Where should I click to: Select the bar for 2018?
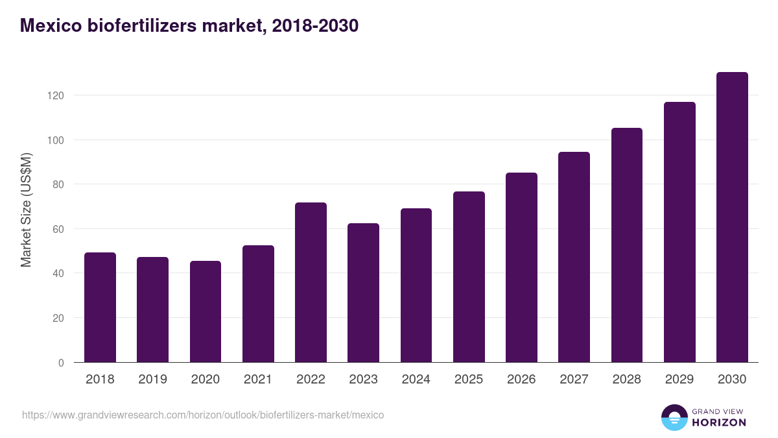(x=100, y=308)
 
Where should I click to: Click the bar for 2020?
(x=206, y=311)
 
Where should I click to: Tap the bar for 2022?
(x=311, y=282)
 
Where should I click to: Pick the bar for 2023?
(x=363, y=293)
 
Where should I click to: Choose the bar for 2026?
(x=521, y=267)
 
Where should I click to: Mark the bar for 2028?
(x=627, y=245)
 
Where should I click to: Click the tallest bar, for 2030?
(x=732, y=217)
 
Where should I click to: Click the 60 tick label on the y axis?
(x=58, y=229)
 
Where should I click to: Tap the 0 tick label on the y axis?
(x=61, y=363)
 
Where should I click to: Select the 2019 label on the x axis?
(x=152, y=380)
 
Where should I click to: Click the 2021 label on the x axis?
(x=258, y=380)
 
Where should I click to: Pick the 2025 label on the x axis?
(x=469, y=380)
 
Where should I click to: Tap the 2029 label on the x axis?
(x=679, y=380)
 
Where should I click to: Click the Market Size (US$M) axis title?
(x=26, y=210)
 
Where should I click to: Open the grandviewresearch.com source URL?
(x=203, y=415)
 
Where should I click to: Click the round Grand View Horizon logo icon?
(x=674, y=417)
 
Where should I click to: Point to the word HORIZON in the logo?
(x=720, y=422)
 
